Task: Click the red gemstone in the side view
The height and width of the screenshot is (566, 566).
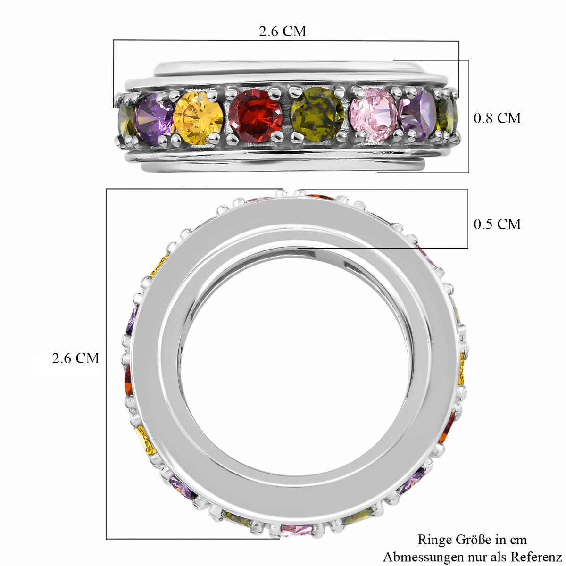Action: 256,116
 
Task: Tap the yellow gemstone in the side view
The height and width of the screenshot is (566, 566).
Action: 198,118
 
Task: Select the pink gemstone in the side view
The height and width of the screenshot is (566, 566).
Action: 374,115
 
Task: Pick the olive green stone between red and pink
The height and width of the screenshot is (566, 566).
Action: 317,114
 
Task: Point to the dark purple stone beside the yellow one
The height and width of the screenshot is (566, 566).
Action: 155,119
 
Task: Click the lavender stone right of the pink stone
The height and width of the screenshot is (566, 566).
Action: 418,114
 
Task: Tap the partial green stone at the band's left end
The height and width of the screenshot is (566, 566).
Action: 127,120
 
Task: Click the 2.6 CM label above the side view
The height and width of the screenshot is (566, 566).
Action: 283,32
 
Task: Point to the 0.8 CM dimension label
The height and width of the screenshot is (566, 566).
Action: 497,118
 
